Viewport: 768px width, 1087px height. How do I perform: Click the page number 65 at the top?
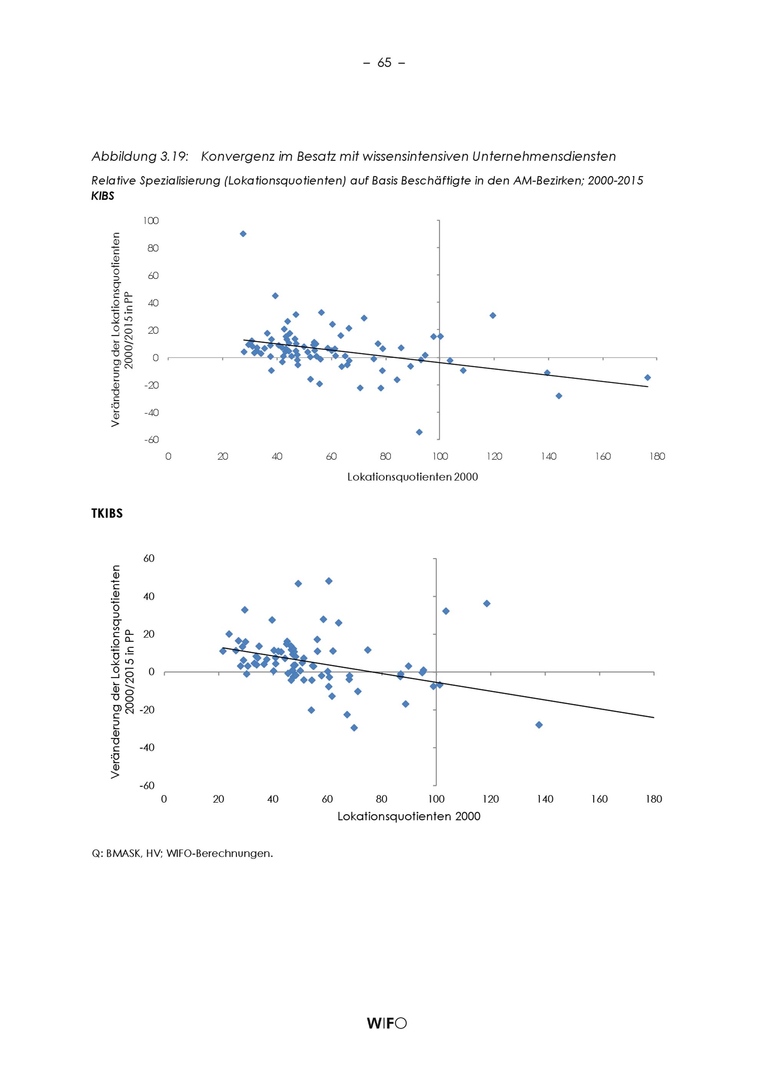click(384, 63)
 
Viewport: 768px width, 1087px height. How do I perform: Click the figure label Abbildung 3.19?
click(140, 157)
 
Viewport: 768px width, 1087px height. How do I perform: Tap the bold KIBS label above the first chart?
click(103, 196)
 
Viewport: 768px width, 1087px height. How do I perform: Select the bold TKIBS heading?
click(107, 514)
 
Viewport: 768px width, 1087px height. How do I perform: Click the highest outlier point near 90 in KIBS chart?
click(243, 234)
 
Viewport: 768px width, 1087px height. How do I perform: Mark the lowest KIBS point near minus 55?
click(419, 432)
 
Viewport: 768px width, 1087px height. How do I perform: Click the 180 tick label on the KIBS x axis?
click(657, 457)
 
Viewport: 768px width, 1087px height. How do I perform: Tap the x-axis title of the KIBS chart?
click(413, 477)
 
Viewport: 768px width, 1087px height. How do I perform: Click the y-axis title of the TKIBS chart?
click(122, 671)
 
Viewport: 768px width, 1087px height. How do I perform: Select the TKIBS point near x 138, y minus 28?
click(538, 725)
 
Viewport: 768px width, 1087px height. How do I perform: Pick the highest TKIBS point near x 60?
click(329, 581)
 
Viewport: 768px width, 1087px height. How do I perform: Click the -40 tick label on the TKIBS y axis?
click(147, 747)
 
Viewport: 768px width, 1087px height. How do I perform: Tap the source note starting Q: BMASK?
click(182, 854)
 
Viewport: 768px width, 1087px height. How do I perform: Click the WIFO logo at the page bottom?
click(386, 1024)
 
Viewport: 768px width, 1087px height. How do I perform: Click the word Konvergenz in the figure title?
click(238, 157)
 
